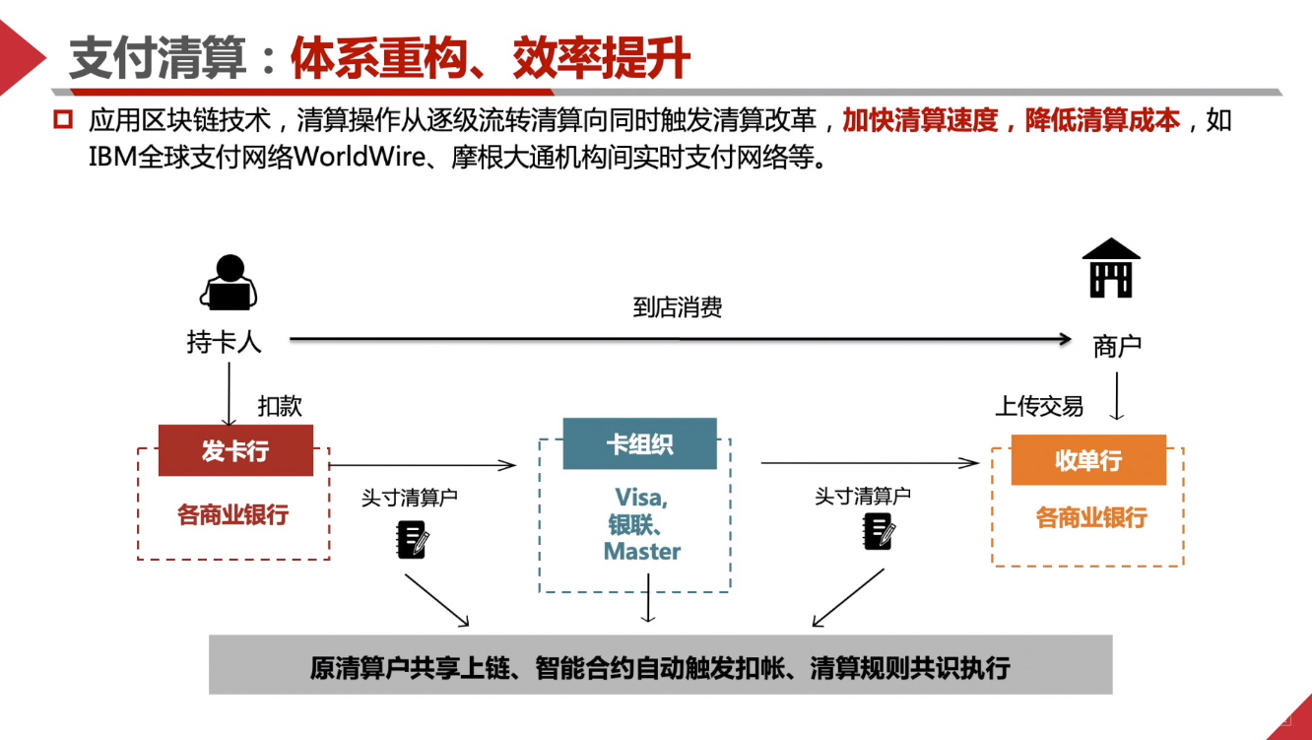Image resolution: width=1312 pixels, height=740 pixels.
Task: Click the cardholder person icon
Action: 229,283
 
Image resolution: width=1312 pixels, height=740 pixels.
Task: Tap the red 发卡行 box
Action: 235,451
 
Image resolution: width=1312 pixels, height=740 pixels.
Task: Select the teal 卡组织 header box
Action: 639,443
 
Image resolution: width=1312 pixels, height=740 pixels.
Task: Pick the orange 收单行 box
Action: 1088,460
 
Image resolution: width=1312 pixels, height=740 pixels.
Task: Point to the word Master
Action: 642,552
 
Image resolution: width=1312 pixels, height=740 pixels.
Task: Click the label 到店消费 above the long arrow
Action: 678,307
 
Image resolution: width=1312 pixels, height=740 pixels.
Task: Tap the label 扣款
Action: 280,406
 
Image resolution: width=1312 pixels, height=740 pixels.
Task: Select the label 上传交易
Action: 1039,406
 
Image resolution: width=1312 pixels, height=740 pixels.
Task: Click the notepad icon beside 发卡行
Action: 413,539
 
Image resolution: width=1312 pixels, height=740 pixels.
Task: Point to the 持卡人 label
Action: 224,342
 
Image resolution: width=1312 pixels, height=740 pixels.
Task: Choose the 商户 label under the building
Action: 1117,347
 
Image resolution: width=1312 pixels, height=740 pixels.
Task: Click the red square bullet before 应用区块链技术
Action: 64,121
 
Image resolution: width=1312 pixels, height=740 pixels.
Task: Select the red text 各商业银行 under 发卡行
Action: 233,514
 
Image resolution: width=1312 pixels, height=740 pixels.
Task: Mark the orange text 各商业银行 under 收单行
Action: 1091,517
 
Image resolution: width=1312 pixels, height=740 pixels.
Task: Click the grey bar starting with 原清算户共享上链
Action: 660,666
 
